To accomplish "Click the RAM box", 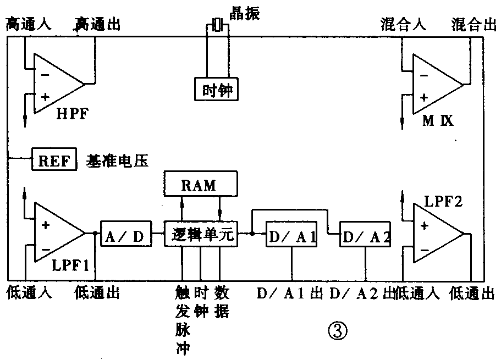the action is pyautogui.click(x=201, y=184).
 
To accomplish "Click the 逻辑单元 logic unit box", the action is pyautogui.click(x=201, y=235).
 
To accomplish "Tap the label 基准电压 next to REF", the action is pyautogui.click(x=117, y=160).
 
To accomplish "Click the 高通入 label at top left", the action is pyautogui.click(x=28, y=24).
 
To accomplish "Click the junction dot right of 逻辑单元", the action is pyautogui.click(x=251, y=234).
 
